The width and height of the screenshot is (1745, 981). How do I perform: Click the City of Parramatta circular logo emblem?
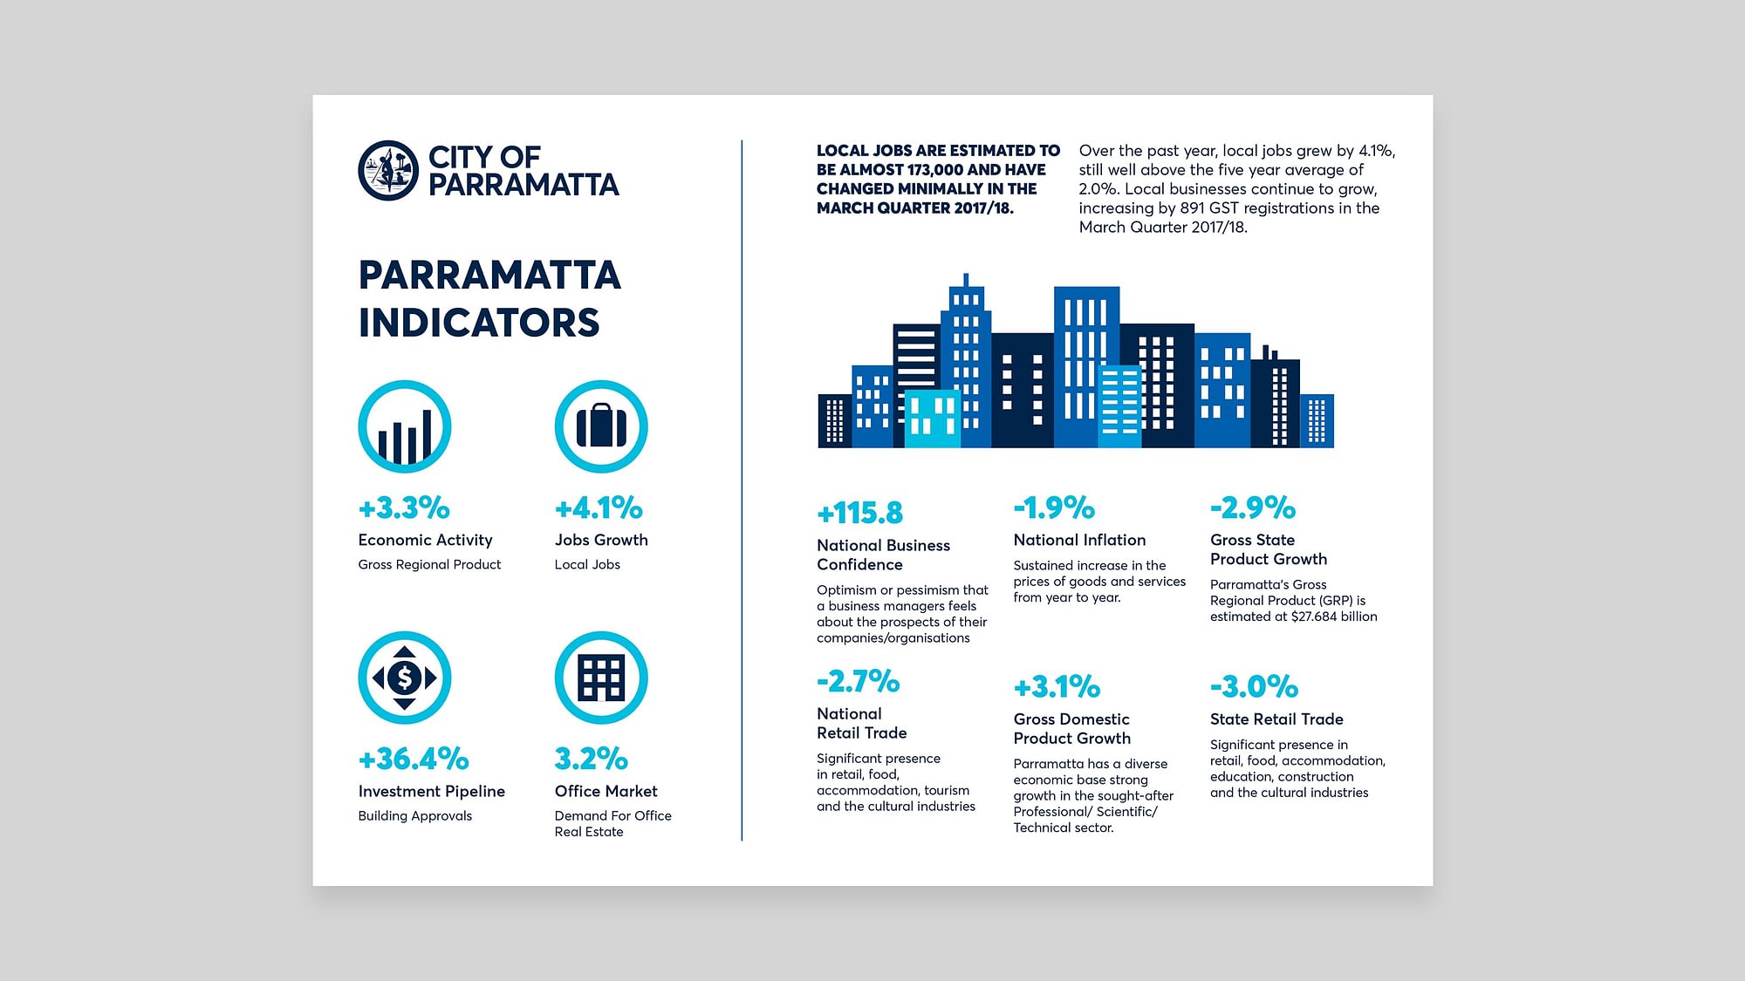point(388,170)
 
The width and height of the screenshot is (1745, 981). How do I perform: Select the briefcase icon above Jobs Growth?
point(601,426)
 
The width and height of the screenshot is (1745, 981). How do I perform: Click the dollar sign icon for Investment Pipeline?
point(405,678)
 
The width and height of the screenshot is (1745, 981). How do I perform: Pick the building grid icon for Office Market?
point(601,678)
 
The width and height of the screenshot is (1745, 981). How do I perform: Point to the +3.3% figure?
point(404,508)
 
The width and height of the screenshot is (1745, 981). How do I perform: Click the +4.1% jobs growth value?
point(599,508)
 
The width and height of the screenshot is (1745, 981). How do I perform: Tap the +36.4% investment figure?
point(414,759)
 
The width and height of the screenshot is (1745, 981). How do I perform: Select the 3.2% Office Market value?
point(592,759)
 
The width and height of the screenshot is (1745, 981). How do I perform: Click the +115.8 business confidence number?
point(860,513)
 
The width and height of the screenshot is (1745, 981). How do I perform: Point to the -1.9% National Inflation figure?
point(1054,508)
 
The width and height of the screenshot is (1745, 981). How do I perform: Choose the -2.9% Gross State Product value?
point(1253,508)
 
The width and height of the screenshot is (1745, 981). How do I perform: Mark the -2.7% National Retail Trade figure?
point(858,681)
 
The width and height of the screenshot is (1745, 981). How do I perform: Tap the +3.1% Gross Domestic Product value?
point(1057,686)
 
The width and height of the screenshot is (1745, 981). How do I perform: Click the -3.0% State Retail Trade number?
point(1254,686)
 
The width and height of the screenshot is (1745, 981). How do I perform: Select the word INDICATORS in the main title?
point(479,323)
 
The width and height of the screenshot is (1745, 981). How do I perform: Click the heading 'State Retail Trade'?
point(1276,719)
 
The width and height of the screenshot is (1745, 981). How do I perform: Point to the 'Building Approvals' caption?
point(415,816)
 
